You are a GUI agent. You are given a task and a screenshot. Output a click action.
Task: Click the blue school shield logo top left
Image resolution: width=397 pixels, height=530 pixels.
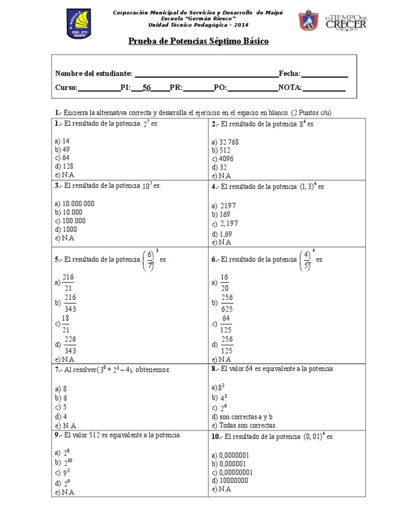click(x=79, y=23)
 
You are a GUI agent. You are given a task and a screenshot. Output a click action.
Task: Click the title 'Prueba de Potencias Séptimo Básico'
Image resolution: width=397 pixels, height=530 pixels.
click(x=198, y=41)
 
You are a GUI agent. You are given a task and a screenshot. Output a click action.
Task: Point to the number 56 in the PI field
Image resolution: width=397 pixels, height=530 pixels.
click(x=147, y=87)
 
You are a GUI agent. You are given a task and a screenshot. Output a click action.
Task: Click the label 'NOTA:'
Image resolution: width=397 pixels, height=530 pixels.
click(x=290, y=87)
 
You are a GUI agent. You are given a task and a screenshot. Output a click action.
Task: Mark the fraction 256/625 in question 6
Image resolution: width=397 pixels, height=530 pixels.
click(x=227, y=303)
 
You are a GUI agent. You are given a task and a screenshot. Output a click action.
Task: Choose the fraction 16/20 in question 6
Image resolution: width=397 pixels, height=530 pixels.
click(x=224, y=283)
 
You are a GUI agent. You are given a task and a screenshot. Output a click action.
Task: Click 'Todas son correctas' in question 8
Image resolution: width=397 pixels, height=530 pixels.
click(x=243, y=425)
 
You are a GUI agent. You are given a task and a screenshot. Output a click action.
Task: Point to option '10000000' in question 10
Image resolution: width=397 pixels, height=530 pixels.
click(x=233, y=480)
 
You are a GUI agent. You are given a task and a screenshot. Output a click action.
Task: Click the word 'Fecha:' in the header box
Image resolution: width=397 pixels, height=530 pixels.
click(x=289, y=74)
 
